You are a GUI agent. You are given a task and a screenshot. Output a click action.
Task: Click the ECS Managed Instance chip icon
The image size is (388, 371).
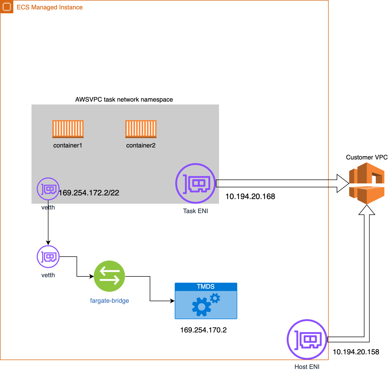point(7,7)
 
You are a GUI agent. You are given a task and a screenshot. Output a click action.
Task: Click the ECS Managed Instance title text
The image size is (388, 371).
point(49,7)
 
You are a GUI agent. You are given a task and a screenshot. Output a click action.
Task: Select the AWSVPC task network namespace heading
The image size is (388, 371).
point(124,100)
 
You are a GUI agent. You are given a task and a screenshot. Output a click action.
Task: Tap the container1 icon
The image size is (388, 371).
point(68,129)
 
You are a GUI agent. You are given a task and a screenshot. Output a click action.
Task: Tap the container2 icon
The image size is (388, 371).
point(141,129)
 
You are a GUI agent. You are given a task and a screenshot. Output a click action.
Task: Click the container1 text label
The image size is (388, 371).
point(68,145)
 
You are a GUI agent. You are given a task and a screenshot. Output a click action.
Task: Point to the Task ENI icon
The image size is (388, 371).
point(196,183)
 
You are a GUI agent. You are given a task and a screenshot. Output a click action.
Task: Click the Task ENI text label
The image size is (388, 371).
point(195,211)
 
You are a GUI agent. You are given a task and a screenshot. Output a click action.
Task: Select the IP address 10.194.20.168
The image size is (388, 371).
point(250,196)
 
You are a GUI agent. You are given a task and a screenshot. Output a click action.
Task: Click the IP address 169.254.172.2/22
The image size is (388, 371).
point(89,193)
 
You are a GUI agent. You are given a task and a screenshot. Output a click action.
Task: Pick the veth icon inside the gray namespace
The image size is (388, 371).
point(48,189)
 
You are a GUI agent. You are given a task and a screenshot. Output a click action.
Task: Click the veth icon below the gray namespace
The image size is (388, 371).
point(48,257)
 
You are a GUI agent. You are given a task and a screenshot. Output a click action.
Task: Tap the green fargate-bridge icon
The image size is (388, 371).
point(109,276)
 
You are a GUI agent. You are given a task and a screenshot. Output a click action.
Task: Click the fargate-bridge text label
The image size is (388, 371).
point(109,301)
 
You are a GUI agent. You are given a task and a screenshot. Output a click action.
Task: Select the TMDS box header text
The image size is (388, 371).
point(205,287)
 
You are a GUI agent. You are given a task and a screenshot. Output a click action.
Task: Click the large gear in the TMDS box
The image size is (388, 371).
point(201,307)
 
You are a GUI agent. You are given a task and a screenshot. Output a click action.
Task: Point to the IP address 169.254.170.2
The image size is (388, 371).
point(203,330)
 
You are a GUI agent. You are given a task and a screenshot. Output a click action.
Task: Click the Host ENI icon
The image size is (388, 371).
point(307,339)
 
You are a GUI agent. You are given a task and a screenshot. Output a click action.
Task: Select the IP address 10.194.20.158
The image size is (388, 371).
point(356,352)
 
